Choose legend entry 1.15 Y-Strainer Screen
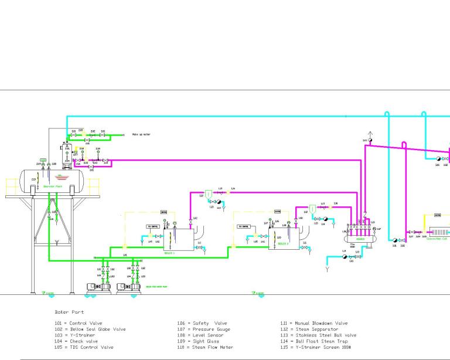click(316, 347)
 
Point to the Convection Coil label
click(437, 239)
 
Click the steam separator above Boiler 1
click(209, 193)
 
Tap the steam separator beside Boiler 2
click(313, 208)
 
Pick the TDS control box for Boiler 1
click(154, 226)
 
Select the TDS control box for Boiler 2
click(244, 226)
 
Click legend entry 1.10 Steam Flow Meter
click(206, 347)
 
